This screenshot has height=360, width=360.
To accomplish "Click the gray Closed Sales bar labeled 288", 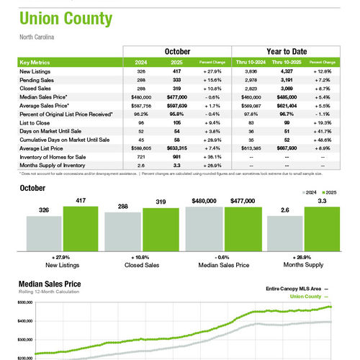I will (x=122, y=235).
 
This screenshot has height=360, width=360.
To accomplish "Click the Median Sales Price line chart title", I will (x=56, y=284).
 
